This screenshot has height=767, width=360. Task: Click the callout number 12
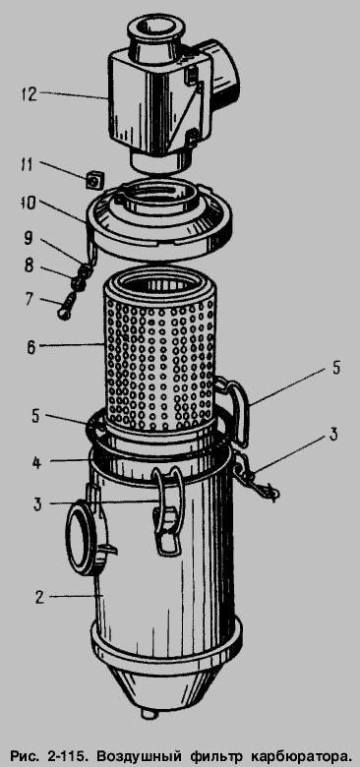pyautogui.click(x=29, y=93)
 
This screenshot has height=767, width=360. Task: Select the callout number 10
pyautogui.click(x=28, y=204)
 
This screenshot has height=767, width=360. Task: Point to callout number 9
pyautogui.click(x=29, y=238)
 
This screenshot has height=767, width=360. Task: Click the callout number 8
pyautogui.click(x=29, y=266)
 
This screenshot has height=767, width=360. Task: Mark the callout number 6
pyautogui.click(x=30, y=348)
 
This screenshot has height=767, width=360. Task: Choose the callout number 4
pyautogui.click(x=35, y=463)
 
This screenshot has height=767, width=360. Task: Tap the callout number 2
pyautogui.click(x=38, y=597)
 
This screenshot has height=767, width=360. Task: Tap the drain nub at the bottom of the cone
pyautogui.click(x=150, y=714)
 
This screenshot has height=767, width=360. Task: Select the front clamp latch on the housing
pyautogui.click(x=167, y=511)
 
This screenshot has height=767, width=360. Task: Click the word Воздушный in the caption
pyautogui.click(x=133, y=754)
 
